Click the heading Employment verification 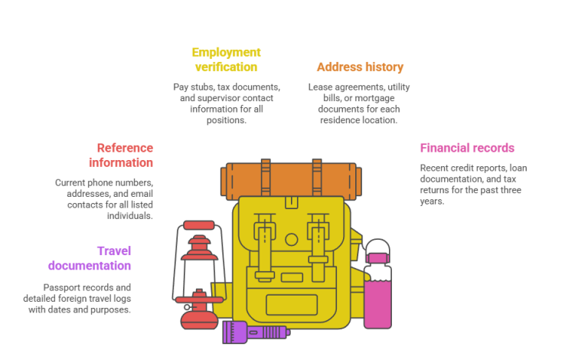[x=226, y=59]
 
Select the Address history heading [x=360, y=67]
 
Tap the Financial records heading [x=467, y=148]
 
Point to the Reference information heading [x=121, y=155]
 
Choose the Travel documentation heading [x=90, y=258]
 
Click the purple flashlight [x=256, y=332]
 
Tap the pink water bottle [x=377, y=284]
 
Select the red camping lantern [x=199, y=275]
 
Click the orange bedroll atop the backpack [x=291, y=179]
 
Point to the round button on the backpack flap [x=292, y=239]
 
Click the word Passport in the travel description [x=59, y=288]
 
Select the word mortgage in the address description [x=374, y=98]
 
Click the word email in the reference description [x=142, y=194]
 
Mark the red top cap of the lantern [x=199, y=225]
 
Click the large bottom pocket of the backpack [x=292, y=305]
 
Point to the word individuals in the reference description [x=129, y=216]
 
